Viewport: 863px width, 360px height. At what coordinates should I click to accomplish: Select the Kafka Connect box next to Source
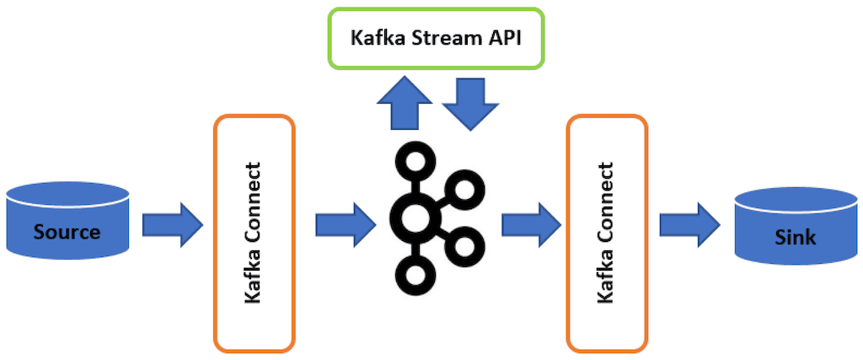[x=255, y=232]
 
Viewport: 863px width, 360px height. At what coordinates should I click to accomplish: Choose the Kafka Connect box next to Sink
[x=607, y=232]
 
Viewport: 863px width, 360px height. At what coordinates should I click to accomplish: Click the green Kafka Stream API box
[x=436, y=38]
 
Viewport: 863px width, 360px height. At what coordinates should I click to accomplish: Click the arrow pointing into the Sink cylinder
[x=689, y=225]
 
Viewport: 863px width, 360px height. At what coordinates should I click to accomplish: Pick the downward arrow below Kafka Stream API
[x=471, y=104]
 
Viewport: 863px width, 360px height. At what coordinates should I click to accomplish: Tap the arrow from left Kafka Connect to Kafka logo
[x=346, y=225]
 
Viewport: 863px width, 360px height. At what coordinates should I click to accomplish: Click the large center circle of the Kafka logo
[x=414, y=217]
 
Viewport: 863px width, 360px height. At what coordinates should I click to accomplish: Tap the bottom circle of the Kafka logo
[x=414, y=274]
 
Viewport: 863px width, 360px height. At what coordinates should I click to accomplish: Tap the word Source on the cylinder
[x=67, y=231]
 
